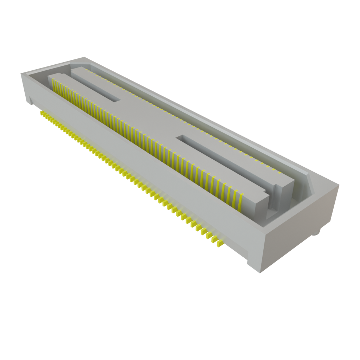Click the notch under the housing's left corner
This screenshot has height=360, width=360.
click(30, 103)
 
